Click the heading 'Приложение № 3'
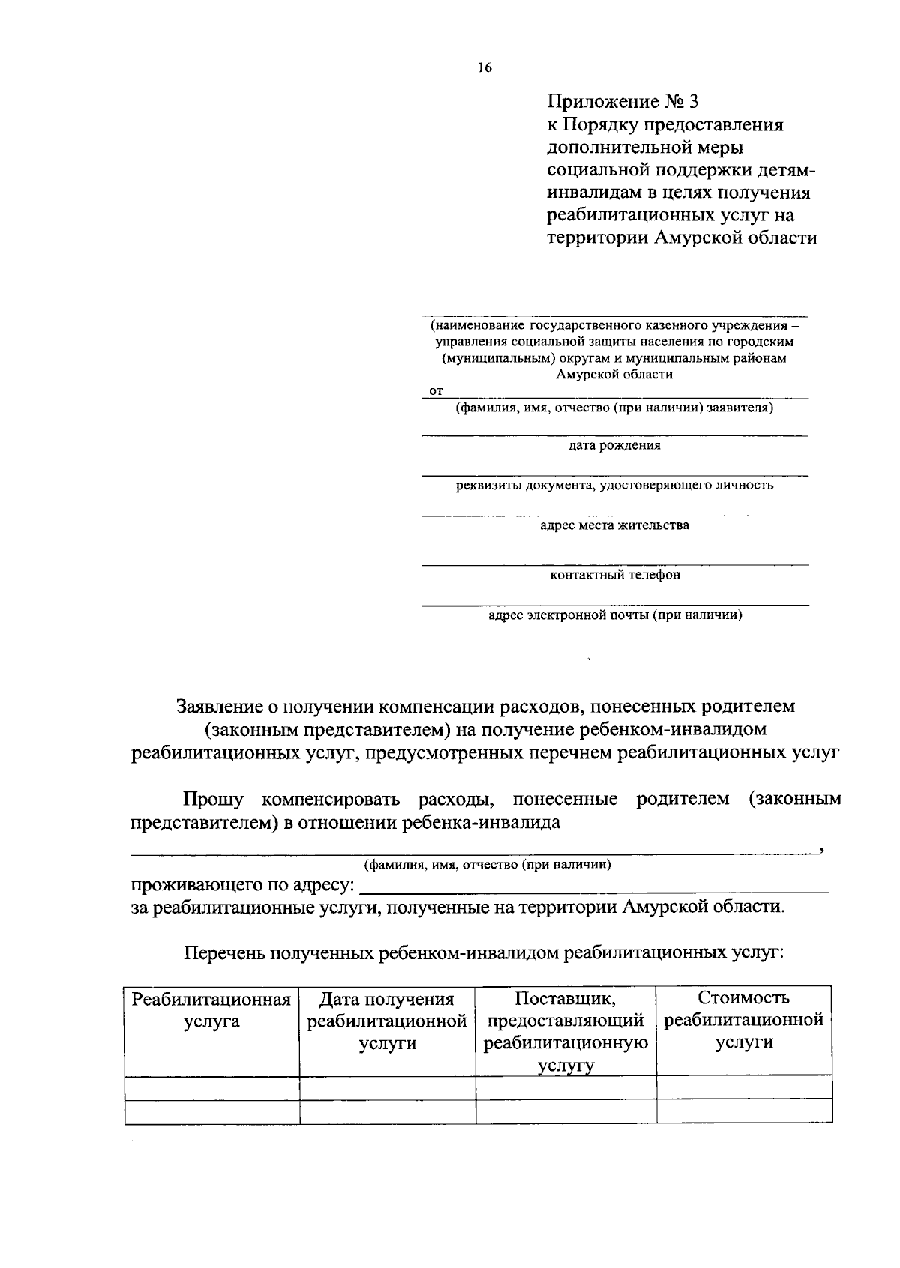point(622,101)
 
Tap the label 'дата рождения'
point(614,446)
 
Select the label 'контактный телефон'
point(615,576)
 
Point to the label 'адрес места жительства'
point(614,525)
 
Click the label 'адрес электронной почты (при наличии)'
point(615,616)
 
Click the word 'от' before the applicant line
point(435,391)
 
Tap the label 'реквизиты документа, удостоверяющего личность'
point(614,486)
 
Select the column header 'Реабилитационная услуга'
point(211,1010)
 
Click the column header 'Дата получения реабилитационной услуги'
point(387,1021)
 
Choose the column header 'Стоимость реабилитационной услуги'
point(743,1021)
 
